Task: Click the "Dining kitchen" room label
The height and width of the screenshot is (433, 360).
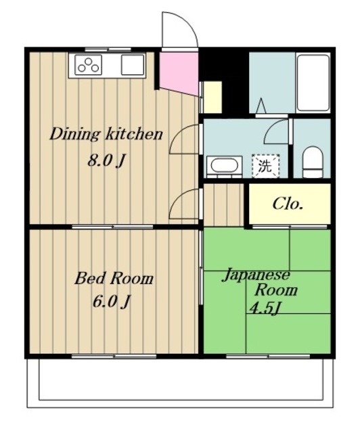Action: (106, 135)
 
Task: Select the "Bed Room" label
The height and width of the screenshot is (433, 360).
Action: (114, 278)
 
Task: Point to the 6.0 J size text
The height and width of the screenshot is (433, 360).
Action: (111, 302)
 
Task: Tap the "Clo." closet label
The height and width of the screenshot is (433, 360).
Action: (288, 204)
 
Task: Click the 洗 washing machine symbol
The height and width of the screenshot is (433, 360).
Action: (265, 166)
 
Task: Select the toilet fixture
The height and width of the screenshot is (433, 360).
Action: (313, 162)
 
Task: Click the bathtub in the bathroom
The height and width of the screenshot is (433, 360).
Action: (313, 83)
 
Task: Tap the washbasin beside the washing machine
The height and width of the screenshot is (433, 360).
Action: (224, 166)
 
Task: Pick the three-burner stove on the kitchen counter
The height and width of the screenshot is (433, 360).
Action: (89, 65)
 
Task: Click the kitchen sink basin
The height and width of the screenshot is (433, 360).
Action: (133, 65)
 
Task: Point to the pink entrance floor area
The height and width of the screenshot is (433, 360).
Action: (179, 73)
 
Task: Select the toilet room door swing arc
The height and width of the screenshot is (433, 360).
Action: (273, 129)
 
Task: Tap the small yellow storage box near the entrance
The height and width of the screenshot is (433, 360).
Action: (212, 97)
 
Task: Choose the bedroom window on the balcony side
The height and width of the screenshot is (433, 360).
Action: (114, 357)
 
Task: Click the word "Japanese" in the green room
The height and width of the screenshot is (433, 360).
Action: (256, 275)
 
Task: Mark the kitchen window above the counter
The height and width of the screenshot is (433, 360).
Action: (108, 49)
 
